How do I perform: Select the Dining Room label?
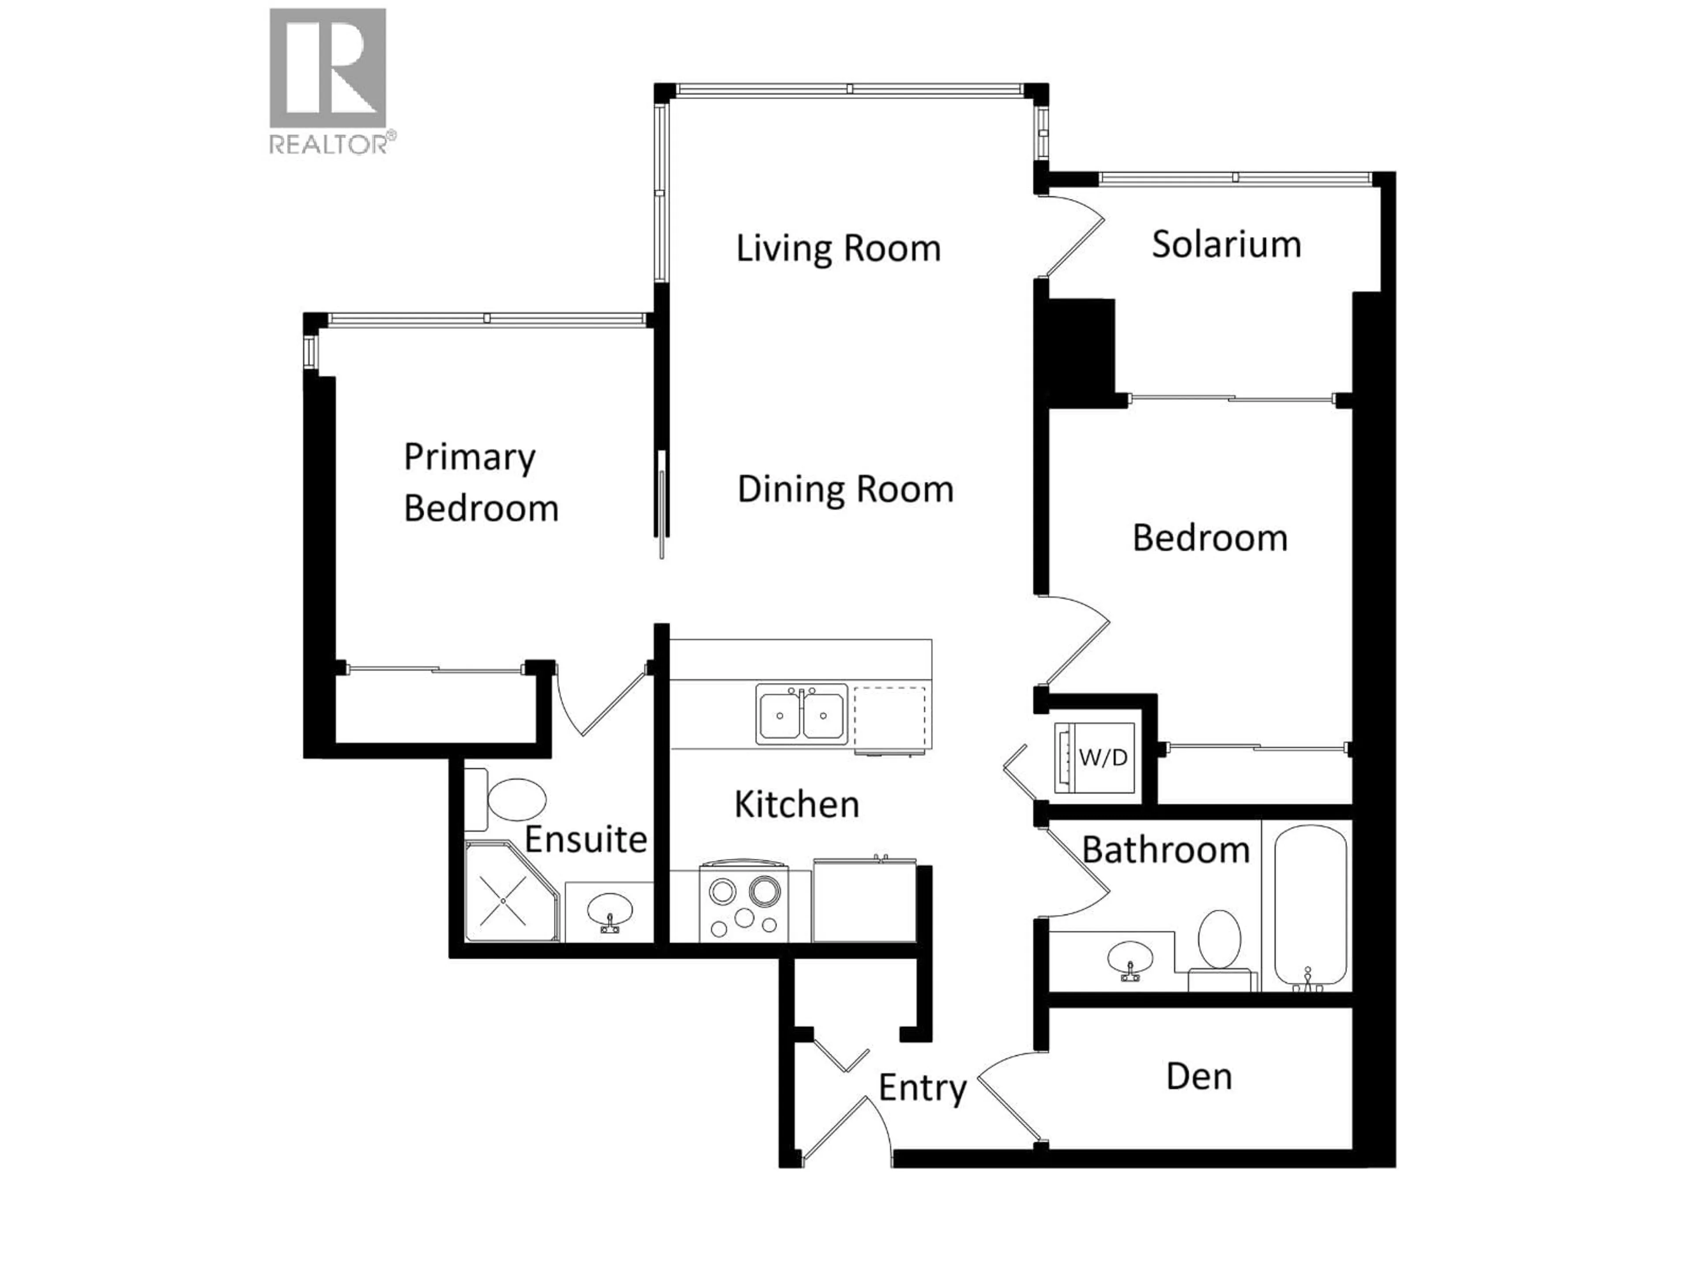point(845,489)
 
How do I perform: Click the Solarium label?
point(1226,244)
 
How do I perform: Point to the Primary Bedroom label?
point(480,483)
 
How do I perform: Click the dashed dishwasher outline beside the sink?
point(889,718)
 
